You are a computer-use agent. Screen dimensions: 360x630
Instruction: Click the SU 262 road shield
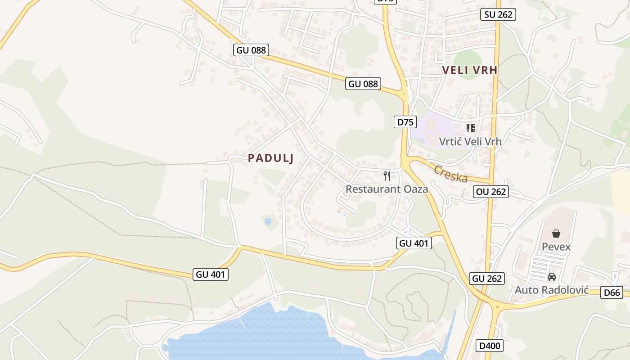[498, 14]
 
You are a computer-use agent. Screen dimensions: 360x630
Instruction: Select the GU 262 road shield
[487, 279]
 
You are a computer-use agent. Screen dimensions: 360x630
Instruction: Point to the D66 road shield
[612, 293]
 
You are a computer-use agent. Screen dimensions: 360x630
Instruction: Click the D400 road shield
[490, 346]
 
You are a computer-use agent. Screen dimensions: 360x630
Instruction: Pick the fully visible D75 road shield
[405, 121]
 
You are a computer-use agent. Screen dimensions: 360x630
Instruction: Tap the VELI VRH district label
[470, 70]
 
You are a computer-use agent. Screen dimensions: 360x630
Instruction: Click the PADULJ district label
[271, 158]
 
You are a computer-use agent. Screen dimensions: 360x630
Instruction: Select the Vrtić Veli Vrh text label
[470, 141]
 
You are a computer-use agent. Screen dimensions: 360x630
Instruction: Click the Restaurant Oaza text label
[387, 189]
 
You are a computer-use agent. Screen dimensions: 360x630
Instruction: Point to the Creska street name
[451, 174]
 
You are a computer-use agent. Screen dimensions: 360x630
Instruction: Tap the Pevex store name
[556, 247]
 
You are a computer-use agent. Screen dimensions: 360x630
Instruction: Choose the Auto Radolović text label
[552, 290]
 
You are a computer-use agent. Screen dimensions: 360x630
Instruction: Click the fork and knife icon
[387, 175]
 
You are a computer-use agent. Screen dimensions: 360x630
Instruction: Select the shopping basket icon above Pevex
[556, 234]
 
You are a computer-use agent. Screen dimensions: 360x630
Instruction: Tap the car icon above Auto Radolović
[552, 277]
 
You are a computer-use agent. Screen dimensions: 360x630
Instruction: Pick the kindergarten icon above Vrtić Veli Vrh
[471, 128]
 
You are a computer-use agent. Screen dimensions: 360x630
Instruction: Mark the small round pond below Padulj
[268, 221]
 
